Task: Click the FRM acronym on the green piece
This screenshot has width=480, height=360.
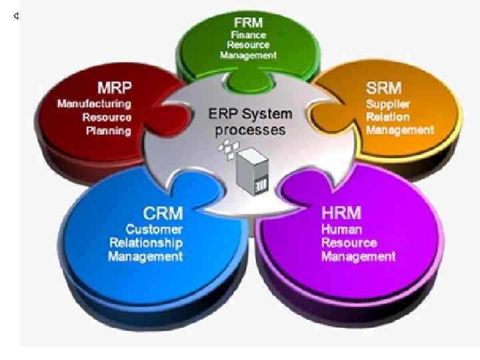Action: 248,22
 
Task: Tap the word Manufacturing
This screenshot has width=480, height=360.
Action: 95,103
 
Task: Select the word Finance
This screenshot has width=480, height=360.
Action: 248,35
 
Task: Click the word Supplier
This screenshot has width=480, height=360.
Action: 387,103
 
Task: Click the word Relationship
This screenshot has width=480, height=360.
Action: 146,243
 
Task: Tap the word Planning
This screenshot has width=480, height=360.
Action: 109,130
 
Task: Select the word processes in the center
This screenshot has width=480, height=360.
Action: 250,129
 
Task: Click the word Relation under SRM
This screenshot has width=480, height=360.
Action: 387,117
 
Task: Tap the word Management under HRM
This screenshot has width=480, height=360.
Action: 359,256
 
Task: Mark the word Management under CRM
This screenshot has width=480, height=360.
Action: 146,256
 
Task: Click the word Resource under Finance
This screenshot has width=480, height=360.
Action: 248,45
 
